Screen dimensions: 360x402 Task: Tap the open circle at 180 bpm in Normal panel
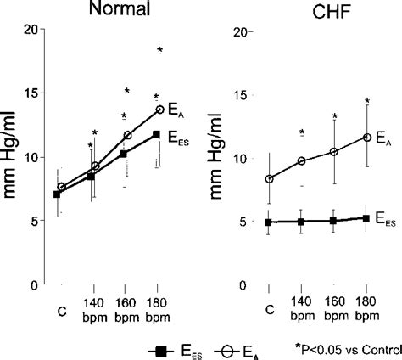[x=159, y=110]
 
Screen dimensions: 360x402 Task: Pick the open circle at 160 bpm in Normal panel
[x=128, y=135]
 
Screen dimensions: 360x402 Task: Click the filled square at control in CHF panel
[x=269, y=222]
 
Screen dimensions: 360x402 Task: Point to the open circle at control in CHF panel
[x=270, y=179]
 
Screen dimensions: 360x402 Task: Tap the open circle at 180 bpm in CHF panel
[x=366, y=137]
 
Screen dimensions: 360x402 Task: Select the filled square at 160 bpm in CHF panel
[x=333, y=220]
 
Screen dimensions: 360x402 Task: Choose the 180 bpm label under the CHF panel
[x=366, y=312]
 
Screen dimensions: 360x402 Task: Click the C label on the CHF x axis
[x=270, y=307]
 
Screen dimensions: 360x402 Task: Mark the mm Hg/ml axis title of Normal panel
[x=13, y=157]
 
